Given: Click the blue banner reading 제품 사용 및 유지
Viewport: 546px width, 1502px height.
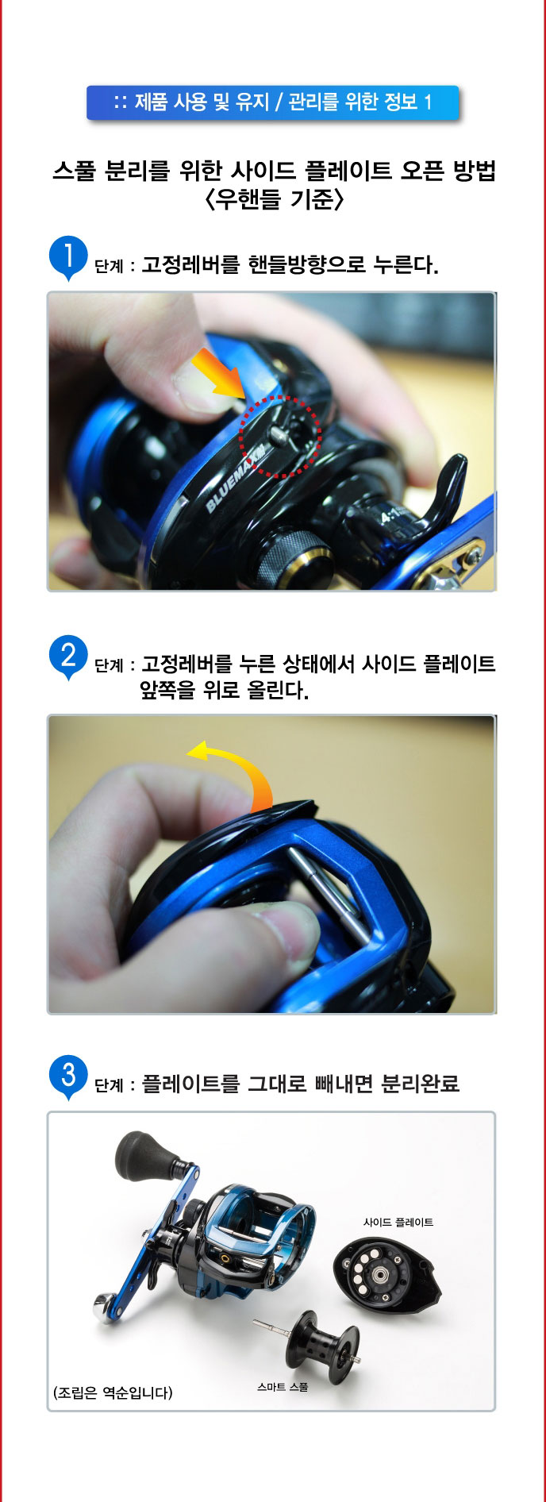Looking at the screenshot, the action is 272,102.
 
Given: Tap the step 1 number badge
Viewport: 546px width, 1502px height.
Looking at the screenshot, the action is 68,256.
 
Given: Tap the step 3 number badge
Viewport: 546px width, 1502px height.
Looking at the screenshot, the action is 68,1076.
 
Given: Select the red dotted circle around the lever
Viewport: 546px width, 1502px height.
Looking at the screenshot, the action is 279,437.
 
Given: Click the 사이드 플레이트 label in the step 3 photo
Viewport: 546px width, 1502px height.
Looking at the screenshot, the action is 398,1222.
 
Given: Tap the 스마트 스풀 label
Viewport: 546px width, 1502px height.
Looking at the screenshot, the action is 283,1387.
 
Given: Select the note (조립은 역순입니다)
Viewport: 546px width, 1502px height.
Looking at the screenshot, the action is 113,1392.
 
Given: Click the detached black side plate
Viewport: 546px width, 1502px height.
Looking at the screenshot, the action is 386,1273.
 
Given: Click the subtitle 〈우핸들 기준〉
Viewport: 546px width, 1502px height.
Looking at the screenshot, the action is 274,199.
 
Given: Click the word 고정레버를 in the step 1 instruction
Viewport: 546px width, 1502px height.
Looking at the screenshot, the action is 190,264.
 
